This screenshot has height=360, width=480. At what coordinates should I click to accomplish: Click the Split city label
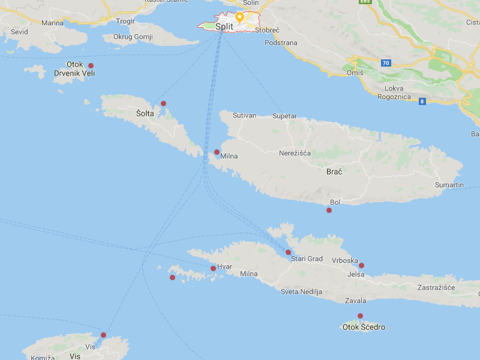(224, 26)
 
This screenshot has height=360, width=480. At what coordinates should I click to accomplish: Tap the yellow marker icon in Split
(239, 16)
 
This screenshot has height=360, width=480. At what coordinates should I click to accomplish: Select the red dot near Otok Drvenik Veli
(91, 65)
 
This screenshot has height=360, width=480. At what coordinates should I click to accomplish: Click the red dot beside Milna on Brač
(217, 152)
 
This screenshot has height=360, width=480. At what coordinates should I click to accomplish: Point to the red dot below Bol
(329, 210)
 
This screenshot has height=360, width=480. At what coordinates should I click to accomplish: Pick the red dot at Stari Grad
(288, 252)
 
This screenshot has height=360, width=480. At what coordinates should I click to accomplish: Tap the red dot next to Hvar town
(213, 268)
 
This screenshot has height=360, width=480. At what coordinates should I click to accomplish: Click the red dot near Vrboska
(361, 265)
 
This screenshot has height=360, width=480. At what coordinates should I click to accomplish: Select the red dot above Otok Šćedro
(361, 316)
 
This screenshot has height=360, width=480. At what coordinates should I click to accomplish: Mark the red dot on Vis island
(103, 335)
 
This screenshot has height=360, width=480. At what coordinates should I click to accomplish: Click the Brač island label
(334, 172)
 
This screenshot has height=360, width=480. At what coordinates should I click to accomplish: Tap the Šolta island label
(145, 113)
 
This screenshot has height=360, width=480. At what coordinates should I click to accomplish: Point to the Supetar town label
(284, 116)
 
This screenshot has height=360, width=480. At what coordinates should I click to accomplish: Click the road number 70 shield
(385, 62)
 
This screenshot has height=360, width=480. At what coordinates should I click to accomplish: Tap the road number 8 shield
(422, 101)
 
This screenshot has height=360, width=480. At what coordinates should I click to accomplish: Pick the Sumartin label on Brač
(449, 185)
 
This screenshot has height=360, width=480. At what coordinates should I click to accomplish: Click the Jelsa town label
(356, 274)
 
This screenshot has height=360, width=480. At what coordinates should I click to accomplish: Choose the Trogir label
(125, 21)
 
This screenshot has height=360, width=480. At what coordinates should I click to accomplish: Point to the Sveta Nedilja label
(301, 292)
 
